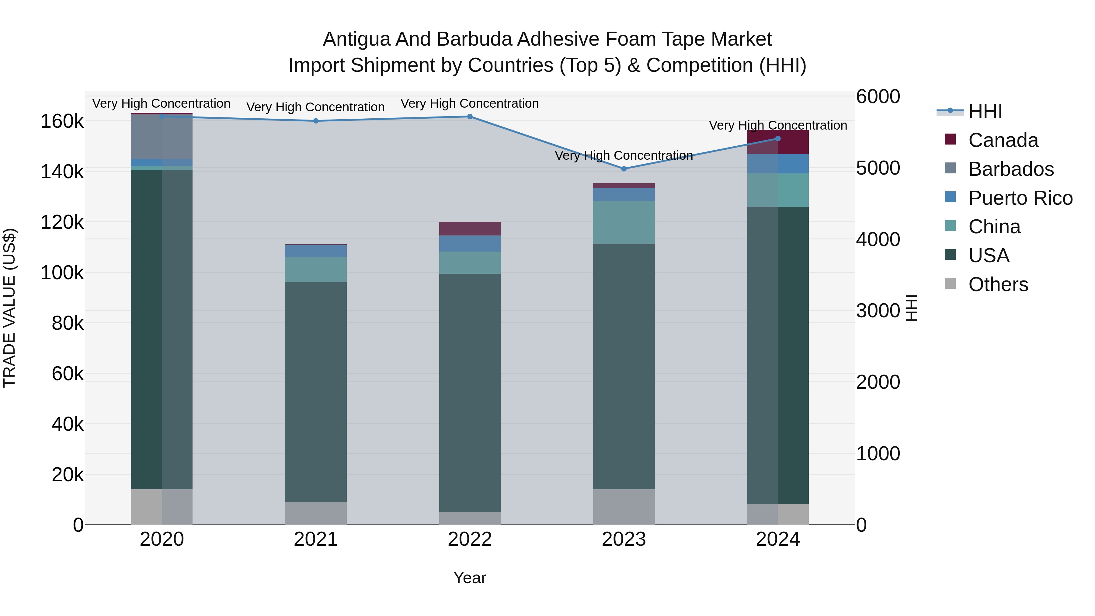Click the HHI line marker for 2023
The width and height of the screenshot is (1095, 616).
tap(624, 169)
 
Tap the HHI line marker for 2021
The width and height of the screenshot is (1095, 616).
tap(316, 121)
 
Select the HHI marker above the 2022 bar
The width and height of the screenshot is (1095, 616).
tap(470, 117)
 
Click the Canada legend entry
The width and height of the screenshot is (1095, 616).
tap(1003, 140)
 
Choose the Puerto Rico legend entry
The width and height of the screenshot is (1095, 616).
tap(1020, 198)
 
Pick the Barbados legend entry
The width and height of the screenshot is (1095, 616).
tap(1011, 169)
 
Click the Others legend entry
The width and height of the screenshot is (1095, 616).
tap(998, 284)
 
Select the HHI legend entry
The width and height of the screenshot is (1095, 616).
tap(985, 111)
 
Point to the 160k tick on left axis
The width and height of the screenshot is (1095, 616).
tap(62, 122)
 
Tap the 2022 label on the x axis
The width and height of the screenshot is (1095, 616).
tap(470, 539)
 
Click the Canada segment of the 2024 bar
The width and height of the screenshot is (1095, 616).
tap(778, 142)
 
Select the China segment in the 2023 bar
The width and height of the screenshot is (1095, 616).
tap(624, 222)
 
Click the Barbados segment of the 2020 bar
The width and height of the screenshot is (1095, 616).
tap(162, 137)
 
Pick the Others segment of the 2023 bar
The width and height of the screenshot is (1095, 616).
tap(624, 507)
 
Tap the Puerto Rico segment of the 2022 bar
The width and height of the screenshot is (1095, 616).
tap(470, 244)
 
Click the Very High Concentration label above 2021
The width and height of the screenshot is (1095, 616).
tap(315, 107)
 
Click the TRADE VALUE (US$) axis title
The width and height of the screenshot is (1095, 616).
tap(9, 308)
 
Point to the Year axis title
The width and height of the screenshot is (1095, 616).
tap(470, 578)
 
